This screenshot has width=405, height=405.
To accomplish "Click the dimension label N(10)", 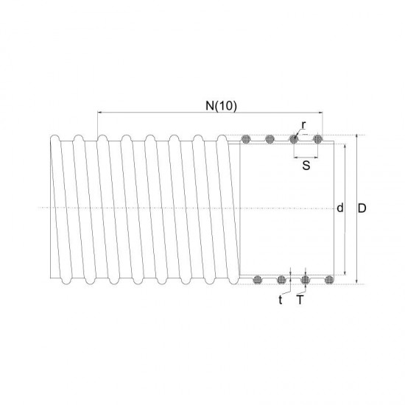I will click(x=219, y=105).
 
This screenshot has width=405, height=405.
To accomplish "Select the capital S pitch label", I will click(x=306, y=166).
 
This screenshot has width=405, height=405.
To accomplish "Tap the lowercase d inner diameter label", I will click(x=339, y=208).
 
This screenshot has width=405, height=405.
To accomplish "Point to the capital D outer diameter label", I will click(x=362, y=208).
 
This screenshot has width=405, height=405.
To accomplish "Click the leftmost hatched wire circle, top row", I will click(x=247, y=138).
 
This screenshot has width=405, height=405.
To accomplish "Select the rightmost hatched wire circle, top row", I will click(x=318, y=138).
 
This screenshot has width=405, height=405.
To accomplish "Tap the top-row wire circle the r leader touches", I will click(x=294, y=138).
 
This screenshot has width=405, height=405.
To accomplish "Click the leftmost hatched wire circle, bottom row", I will click(x=258, y=279).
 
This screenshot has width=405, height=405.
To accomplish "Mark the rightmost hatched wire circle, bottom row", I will click(x=329, y=279).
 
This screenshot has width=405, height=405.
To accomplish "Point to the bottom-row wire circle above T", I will click(x=306, y=279).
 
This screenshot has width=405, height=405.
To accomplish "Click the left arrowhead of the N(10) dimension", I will click(x=99, y=113).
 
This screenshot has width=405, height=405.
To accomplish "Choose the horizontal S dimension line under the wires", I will click(x=306, y=157).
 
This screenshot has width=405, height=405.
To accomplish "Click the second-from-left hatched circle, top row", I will click(x=270, y=138).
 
